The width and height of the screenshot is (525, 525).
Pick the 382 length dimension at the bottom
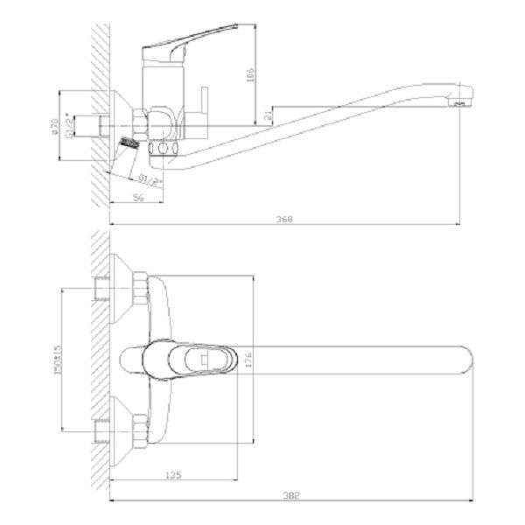click(x=290, y=496)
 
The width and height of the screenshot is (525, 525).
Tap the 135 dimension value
click(x=172, y=476)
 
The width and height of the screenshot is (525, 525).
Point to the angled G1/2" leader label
click(x=152, y=180)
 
